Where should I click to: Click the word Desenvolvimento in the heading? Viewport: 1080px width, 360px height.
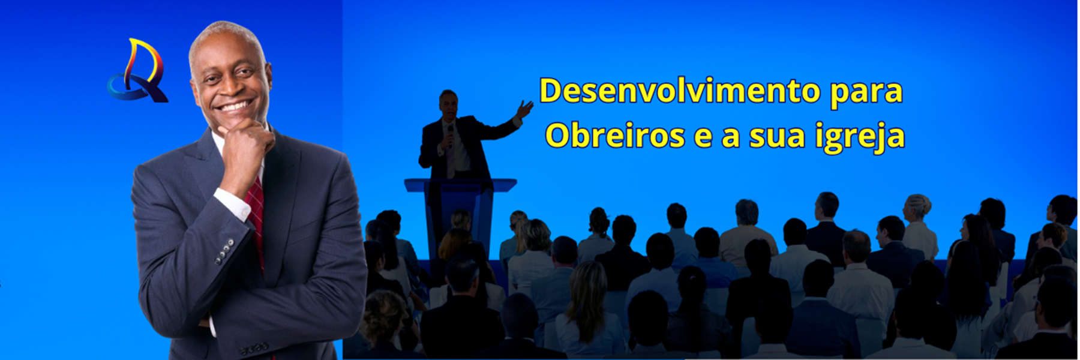click(680, 91)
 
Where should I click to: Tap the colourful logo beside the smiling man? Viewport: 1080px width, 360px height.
click(138, 71)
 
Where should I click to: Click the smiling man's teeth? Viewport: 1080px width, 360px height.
click(233, 107)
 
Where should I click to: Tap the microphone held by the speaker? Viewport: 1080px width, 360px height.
click(450, 135)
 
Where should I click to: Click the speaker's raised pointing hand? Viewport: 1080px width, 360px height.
click(524, 109)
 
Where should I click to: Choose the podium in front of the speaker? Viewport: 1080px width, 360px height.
click(460, 216)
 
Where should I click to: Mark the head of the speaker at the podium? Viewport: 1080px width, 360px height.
click(448, 104)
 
